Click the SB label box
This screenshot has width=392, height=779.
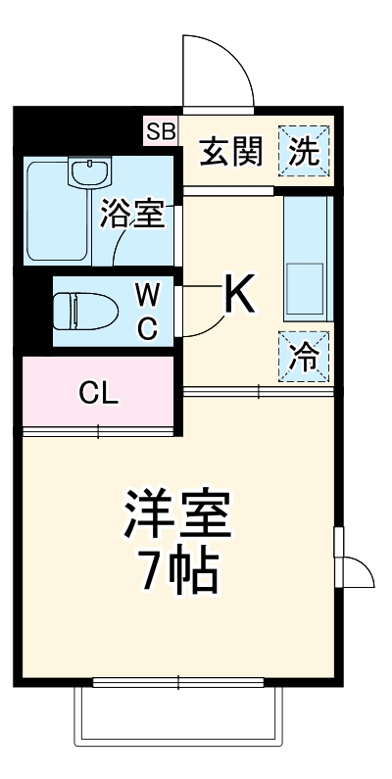click(x=161, y=130)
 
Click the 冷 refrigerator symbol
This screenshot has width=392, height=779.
click(x=305, y=357)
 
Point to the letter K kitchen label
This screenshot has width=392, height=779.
click(x=240, y=294)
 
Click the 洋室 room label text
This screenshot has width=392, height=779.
click(x=177, y=514)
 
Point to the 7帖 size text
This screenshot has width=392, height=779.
click(x=177, y=573)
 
